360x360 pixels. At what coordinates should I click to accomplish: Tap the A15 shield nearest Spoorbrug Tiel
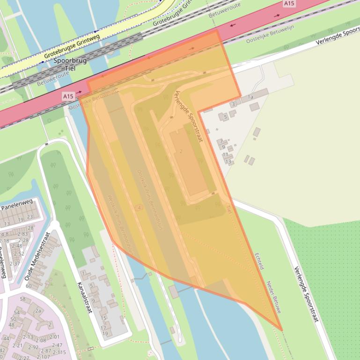(x=68, y=96)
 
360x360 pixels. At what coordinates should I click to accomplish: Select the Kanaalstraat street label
(x=84, y=297)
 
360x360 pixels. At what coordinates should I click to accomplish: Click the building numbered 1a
(x=250, y=97)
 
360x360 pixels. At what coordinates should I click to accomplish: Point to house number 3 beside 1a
(x=233, y=104)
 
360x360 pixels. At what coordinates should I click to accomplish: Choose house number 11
(x=225, y=154)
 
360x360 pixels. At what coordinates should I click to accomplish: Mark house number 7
(x=221, y=141)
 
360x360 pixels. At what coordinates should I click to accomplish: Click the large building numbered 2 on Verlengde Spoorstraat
(x=181, y=151)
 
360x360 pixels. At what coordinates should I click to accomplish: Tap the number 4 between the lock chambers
(x=139, y=207)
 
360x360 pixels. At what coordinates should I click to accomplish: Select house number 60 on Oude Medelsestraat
(x=29, y=286)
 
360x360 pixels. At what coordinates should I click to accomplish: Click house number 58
(x=22, y=299)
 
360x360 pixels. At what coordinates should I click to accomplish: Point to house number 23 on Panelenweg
(x=30, y=217)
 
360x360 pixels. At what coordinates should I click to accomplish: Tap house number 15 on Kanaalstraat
(x=103, y=318)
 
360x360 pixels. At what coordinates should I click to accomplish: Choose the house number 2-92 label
(x=33, y=347)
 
